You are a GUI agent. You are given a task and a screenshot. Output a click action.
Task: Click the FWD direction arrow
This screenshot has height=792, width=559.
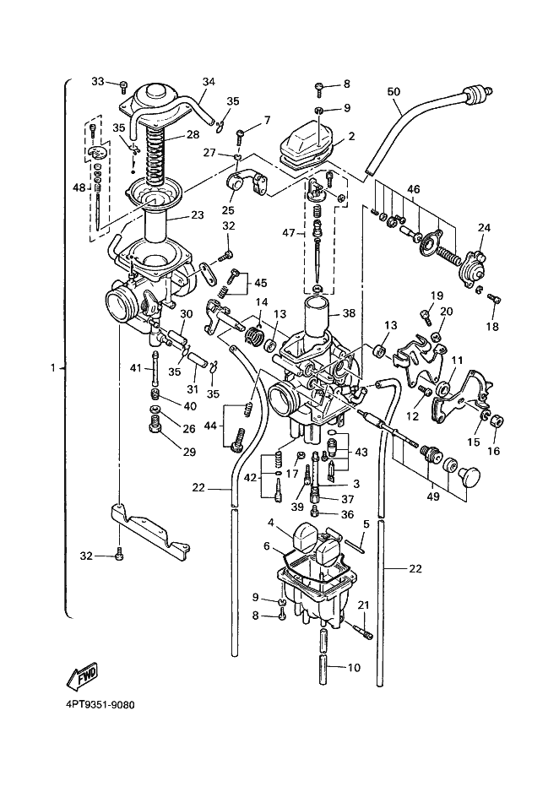pos(82,675)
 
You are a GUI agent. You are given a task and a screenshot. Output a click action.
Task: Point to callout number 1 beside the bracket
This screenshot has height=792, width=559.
pos(54,368)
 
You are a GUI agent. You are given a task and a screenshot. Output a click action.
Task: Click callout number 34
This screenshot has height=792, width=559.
pos(209,82)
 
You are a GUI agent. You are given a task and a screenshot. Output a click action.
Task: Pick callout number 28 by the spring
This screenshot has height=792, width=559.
pos(193,135)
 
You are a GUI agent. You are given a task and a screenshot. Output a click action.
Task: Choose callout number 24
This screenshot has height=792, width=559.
pos(484,227)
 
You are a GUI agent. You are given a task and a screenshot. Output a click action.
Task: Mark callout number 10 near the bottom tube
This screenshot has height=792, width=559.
pos(354,668)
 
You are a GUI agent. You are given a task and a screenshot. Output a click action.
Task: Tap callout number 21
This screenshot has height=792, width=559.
pos(363,605)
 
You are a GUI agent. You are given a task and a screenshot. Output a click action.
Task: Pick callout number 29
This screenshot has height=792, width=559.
pos(188,453)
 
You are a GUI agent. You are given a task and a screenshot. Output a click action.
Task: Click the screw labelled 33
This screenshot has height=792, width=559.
pos(123,84)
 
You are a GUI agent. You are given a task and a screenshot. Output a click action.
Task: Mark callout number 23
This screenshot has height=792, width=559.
pos(197,215)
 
